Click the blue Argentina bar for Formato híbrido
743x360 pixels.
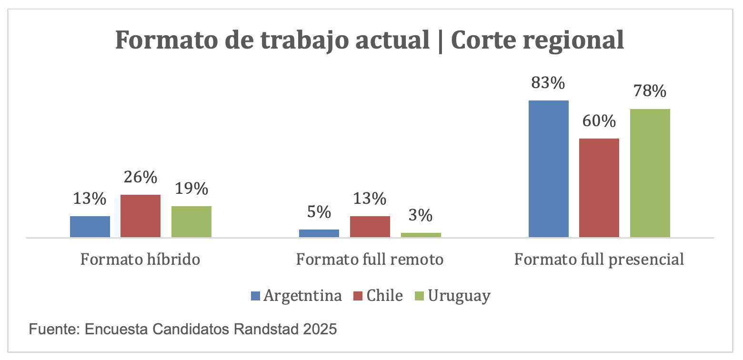(90, 227)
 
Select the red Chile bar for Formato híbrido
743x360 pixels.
(141, 216)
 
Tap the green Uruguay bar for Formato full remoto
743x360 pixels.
(421, 235)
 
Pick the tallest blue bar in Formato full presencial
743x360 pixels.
(549, 169)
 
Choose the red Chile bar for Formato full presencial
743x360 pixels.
(599, 188)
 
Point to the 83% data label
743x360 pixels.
(549, 83)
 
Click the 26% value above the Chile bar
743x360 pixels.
(141, 178)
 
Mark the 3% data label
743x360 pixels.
(421, 216)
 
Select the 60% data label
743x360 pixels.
(599, 121)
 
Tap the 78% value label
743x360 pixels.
(650, 91)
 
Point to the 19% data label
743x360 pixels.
(191, 189)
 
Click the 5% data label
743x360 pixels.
(319, 212)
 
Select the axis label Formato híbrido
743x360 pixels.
(140, 260)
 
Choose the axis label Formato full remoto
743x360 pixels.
(370, 260)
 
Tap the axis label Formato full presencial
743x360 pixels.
(599, 260)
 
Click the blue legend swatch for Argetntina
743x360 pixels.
(255, 296)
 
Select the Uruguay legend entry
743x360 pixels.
(459, 296)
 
